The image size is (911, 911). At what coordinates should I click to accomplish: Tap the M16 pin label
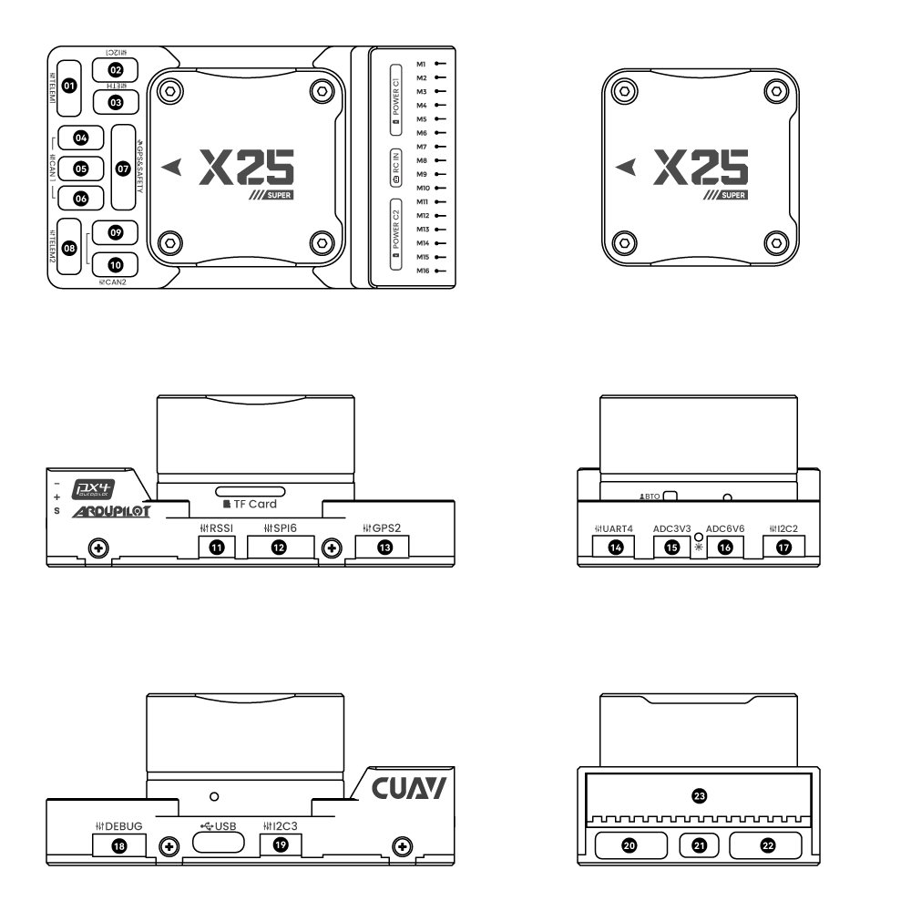tap(422, 271)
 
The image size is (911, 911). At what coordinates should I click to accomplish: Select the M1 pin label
tap(422, 65)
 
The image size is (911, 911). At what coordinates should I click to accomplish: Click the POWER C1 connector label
tap(396, 94)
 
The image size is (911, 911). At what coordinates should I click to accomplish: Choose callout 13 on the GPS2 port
tap(381, 547)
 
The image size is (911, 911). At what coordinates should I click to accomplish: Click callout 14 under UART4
tap(617, 548)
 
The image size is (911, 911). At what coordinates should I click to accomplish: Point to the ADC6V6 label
tap(726, 527)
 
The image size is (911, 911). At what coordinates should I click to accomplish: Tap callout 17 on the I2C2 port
tap(783, 548)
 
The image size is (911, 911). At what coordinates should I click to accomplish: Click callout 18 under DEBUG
tap(118, 844)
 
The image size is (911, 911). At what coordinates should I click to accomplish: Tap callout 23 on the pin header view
tap(700, 795)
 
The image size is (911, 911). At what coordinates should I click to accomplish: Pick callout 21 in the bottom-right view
tap(700, 845)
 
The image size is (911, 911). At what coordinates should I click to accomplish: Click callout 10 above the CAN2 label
tap(115, 264)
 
